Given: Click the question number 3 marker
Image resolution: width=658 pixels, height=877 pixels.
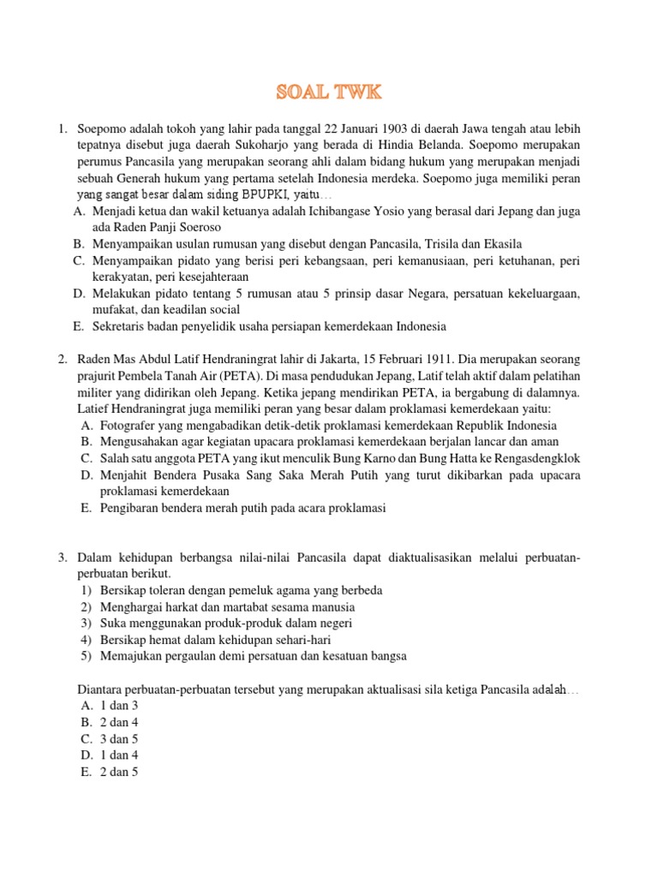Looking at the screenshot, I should point(63,558).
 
